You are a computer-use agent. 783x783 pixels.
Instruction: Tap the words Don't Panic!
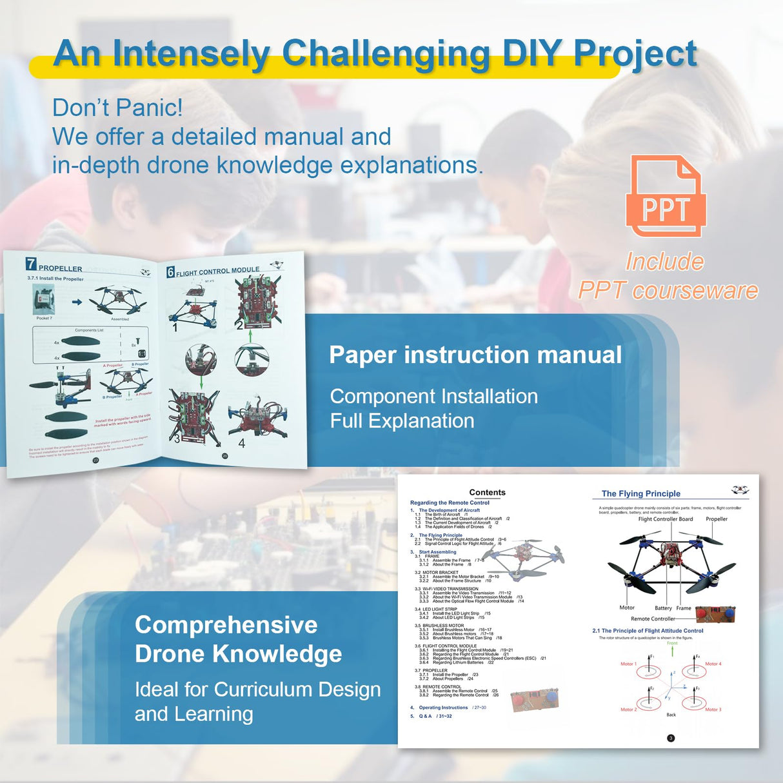(x=117, y=108)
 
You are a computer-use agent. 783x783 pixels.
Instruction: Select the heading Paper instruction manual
(x=475, y=355)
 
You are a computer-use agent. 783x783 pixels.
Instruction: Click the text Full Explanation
(x=402, y=421)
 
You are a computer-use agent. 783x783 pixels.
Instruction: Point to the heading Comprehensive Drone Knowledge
(x=238, y=639)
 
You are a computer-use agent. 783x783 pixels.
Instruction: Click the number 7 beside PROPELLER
(x=31, y=264)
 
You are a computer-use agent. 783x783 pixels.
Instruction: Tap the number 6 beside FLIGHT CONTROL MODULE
(x=170, y=272)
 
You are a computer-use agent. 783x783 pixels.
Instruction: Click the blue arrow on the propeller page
(x=77, y=301)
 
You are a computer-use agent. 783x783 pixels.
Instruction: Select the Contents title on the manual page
(x=487, y=492)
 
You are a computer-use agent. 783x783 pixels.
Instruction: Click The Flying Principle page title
(x=640, y=493)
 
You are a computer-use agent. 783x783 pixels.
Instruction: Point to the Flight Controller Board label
(x=666, y=519)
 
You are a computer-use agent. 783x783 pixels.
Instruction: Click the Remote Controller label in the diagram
(x=653, y=619)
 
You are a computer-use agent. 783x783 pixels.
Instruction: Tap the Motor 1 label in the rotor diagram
(x=628, y=664)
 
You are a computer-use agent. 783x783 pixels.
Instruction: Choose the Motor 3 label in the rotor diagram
(x=713, y=709)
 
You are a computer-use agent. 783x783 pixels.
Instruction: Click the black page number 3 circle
(x=671, y=738)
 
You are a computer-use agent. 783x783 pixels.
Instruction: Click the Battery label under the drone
(x=663, y=608)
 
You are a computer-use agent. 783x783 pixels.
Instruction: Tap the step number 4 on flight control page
(x=242, y=444)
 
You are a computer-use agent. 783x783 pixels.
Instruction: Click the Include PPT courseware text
(x=667, y=276)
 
